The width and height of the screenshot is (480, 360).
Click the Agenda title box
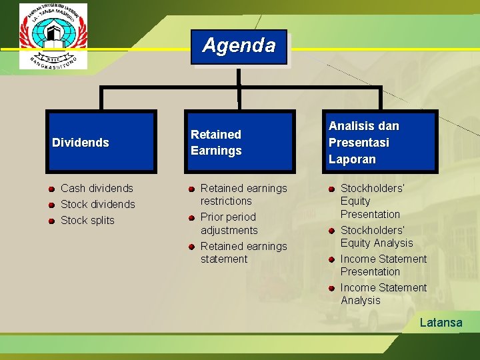[x=239, y=47]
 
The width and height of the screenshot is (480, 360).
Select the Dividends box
[x=101, y=142]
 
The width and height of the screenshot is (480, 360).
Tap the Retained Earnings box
[x=237, y=142]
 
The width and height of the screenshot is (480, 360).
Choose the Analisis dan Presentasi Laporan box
[x=381, y=142]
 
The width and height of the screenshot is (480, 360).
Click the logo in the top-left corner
[x=53, y=35]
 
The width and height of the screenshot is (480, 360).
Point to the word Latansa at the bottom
[x=441, y=323]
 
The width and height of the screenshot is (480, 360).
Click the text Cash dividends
[x=97, y=188]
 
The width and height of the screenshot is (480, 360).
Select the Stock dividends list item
[x=97, y=204]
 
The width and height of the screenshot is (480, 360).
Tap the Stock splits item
[x=87, y=220]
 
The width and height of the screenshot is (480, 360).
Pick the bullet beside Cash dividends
[x=51, y=189]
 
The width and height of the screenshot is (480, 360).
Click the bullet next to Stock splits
[x=51, y=221]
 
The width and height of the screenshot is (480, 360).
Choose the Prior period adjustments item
[x=229, y=223]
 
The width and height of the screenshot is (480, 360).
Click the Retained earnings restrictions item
[x=243, y=195]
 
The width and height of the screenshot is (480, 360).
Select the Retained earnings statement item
[x=243, y=252]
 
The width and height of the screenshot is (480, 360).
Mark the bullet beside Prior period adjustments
[x=191, y=217]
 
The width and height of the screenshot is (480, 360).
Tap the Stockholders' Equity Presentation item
[x=371, y=201]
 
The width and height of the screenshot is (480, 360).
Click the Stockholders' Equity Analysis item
[x=376, y=237]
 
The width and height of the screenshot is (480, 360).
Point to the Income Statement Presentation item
[x=383, y=265]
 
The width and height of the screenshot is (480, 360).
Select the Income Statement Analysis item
[x=383, y=294]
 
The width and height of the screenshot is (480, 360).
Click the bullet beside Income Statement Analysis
[x=331, y=288]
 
